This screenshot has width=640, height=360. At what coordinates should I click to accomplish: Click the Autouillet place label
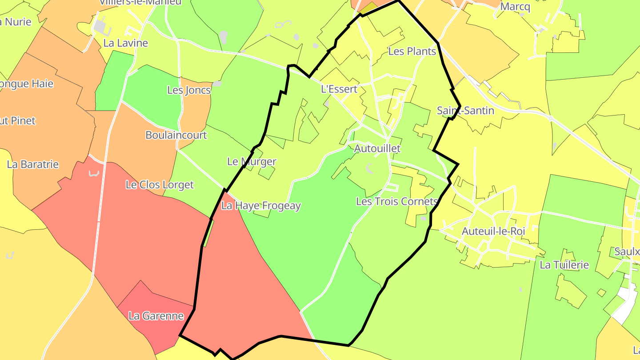click(377, 148)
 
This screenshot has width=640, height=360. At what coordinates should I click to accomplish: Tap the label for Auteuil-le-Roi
click(493, 231)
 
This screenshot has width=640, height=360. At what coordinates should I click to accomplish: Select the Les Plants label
click(412, 52)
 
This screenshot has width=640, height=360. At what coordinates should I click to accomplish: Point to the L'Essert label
click(339, 89)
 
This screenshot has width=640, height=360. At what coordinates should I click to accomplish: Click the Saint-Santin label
click(465, 111)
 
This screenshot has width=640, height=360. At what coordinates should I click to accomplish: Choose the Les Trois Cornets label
click(397, 201)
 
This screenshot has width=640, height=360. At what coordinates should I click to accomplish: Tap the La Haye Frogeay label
click(261, 206)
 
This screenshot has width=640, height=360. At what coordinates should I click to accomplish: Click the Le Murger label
click(252, 162)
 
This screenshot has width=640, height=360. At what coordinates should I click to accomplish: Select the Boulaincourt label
click(176, 135)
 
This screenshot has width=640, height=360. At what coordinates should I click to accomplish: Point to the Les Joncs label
click(189, 90)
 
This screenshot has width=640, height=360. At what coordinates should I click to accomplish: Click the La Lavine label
click(125, 43)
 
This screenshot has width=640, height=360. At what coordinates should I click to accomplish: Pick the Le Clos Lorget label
click(160, 185)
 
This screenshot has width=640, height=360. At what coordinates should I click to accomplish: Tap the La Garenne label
click(156, 316)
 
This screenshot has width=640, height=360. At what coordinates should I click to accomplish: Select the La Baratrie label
click(33, 164)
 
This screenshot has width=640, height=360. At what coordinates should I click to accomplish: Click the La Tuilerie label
click(564, 265)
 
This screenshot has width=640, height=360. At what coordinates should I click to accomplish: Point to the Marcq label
click(515, 7)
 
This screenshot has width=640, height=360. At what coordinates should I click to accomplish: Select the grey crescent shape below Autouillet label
click(369, 168)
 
